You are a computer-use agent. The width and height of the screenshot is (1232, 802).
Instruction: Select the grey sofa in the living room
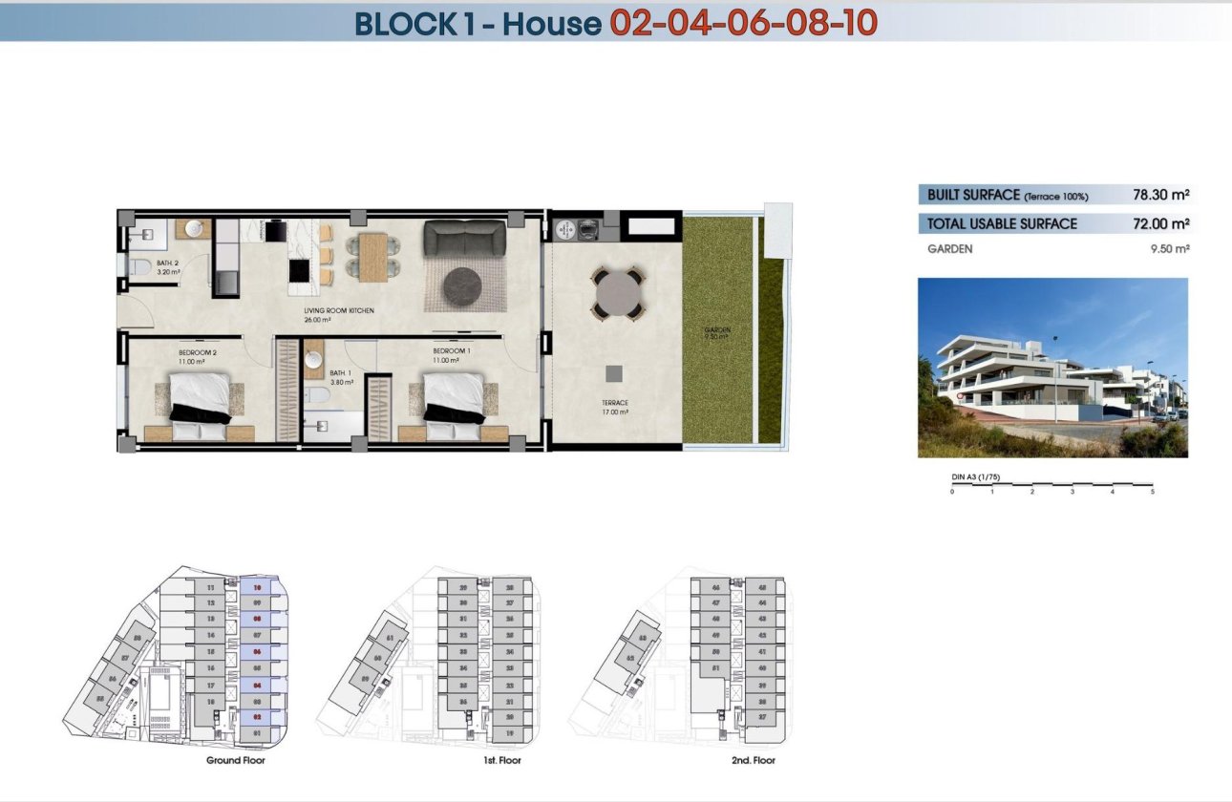464,237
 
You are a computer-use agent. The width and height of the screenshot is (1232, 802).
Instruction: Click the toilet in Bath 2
139,267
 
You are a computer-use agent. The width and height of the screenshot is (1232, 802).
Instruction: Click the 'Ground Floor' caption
235,761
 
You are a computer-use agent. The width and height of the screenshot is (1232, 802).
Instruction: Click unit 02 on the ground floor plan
256,716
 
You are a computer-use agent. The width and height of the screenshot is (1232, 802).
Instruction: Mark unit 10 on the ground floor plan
256,589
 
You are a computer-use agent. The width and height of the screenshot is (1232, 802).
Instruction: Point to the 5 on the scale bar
1153,492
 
